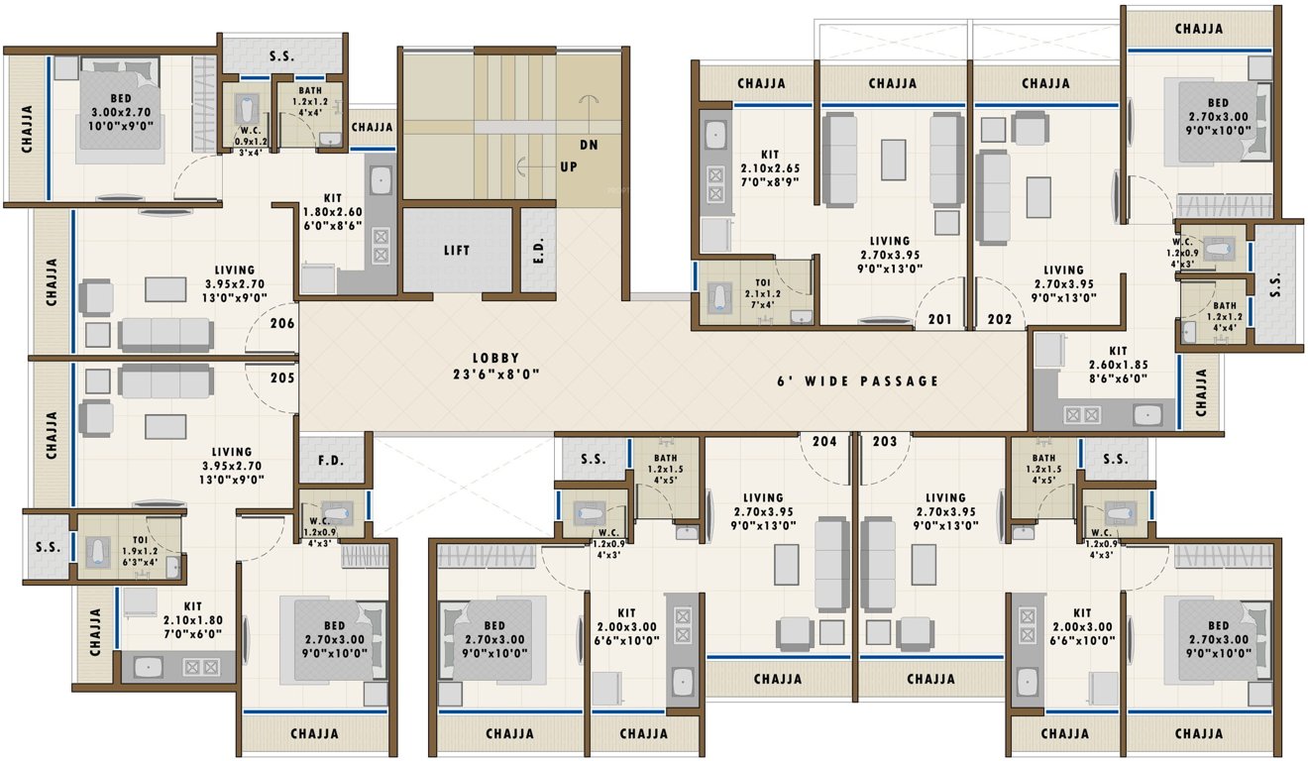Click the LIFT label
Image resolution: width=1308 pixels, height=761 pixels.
click(x=456, y=251)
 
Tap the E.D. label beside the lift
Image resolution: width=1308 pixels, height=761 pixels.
click(x=539, y=251)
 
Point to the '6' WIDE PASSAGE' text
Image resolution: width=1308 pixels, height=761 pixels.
click(x=857, y=380)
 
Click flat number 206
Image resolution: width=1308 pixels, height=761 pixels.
click(x=282, y=322)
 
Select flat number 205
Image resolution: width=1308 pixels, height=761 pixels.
click(x=282, y=378)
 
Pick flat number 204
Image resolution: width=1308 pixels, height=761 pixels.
click(x=824, y=441)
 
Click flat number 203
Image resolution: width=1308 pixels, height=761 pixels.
click(x=886, y=441)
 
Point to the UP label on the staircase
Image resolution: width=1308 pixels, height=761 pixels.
click(x=569, y=166)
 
